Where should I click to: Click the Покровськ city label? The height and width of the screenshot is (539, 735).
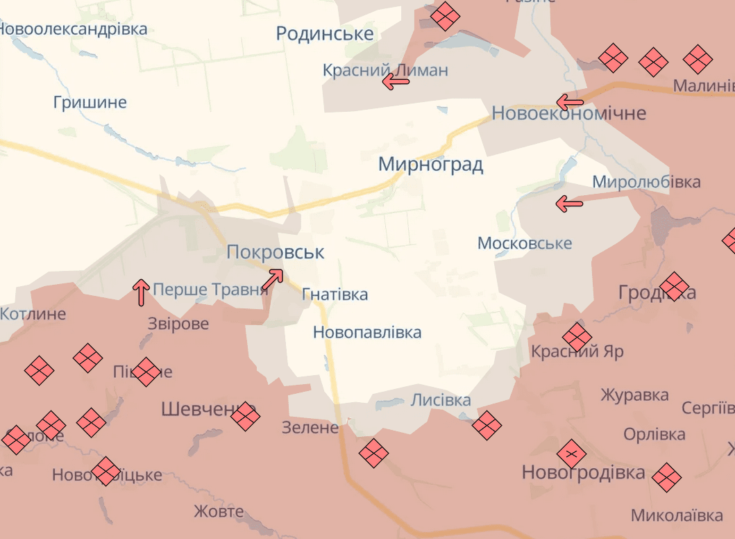[275, 252]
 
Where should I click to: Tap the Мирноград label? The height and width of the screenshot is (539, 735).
[430, 165]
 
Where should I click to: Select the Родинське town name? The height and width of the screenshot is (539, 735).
[324, 33]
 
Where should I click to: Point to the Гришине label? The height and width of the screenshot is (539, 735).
[90, 103]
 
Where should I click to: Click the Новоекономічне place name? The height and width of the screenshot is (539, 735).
[568, 113]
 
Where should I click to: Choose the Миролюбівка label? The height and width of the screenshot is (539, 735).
[645, 182]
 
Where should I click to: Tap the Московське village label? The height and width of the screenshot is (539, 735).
[525, 243]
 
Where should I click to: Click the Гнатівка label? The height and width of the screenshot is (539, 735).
[335, 295]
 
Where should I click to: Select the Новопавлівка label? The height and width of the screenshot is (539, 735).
[367, 332]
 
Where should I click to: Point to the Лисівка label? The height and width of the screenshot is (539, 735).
[441, 400]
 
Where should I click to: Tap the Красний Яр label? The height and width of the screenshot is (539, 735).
[577, 352]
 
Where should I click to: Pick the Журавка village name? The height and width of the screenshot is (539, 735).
[634, 395]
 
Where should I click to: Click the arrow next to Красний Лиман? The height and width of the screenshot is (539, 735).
[396, 81]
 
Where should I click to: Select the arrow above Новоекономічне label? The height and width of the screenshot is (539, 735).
[570, 103]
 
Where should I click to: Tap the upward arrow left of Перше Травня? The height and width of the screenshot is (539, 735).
[141, 292]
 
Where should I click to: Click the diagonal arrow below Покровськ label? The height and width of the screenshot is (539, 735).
[272, 279]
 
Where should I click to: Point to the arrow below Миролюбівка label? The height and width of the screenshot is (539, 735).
[569, 204]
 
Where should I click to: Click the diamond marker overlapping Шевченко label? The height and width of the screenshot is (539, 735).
[245, 417]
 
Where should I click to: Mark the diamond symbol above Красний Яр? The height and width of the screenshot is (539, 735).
[577, 338]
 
